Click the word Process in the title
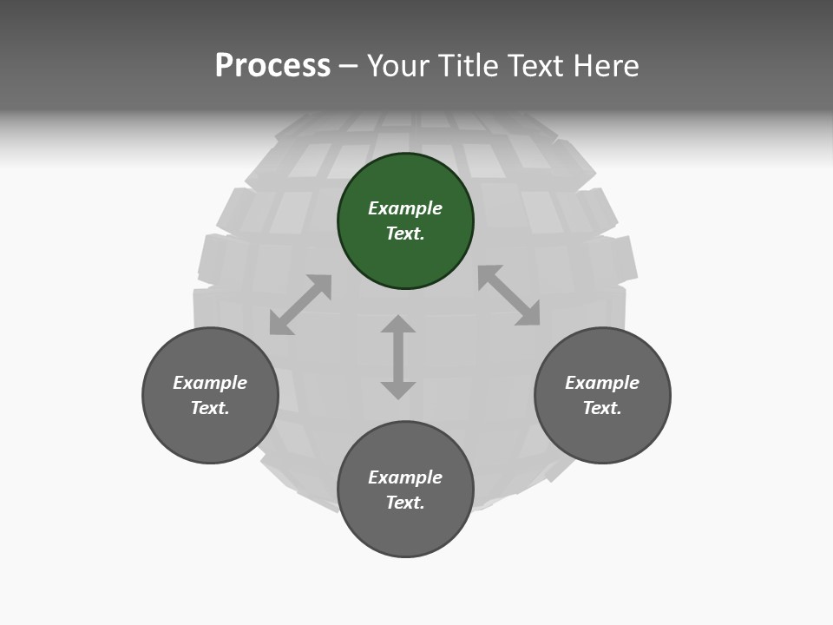coord(272,66)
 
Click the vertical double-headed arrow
coord(398,357)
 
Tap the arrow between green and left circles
coord(300,305)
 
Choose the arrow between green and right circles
coord(509,295)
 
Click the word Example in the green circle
coord(405,208)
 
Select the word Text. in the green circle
coord(405,234)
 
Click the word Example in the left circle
coord(210,383)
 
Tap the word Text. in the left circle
coord(210,408)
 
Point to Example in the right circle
coord(602,383)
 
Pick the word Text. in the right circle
coord(602,408)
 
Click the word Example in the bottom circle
coord(405,477)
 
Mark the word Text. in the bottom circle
coord(405,503)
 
